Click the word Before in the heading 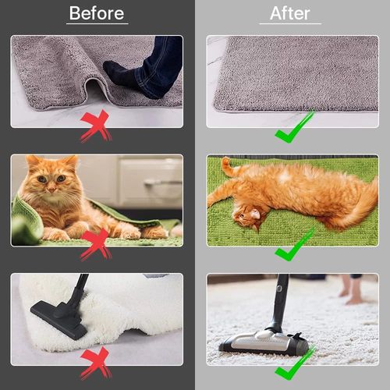(x=97, y=13)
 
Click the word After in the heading (x=290, y=13)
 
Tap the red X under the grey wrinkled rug (x=95, y=125)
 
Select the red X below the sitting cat (x=95, y=243)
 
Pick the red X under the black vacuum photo (x=95, y=362)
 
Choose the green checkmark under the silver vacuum (x=294, y=363)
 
